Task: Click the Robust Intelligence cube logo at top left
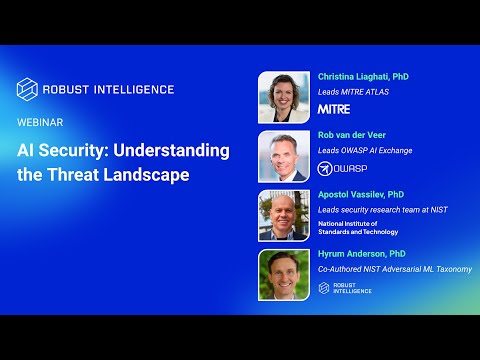click(x=28, y=89)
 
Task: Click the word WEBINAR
click(x=41, y=122)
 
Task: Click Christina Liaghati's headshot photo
click(x=284, y=97)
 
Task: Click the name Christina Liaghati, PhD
click(x=363, y=76)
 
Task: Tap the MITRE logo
click(x=333, y=108)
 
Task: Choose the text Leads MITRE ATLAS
click(x=353, y=92)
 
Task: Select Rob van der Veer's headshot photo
click(x=284, y=156)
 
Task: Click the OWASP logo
click(x=342, y=168)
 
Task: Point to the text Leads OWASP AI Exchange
click(x=365, y=151)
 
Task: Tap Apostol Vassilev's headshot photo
click(x=284, y=215)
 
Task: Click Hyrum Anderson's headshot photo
click(x=284, y=274)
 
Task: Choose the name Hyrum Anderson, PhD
click(x=361, y=254)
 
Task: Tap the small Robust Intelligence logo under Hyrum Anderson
click(x=345, y=288)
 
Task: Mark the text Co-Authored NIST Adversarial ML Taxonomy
click(x=394, y=270)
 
